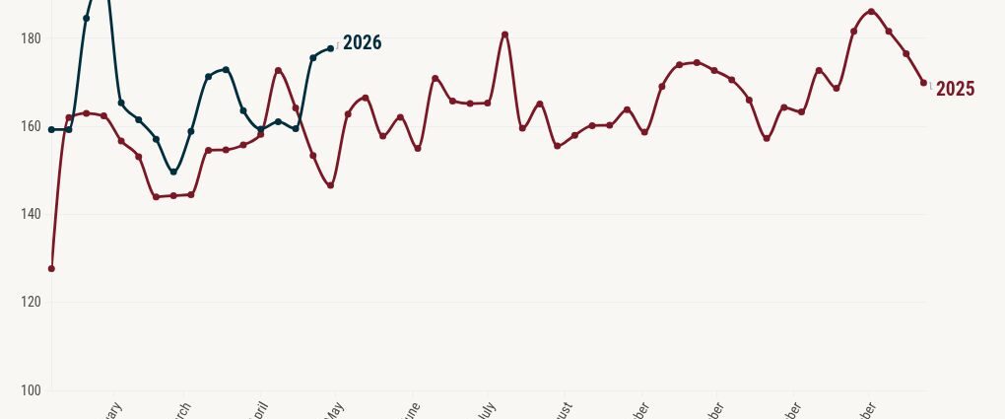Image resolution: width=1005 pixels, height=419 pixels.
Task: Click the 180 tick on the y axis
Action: pos(30,38)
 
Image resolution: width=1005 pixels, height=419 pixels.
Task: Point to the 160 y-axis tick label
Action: pos(30,126)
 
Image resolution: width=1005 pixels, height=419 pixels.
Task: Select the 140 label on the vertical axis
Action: pos(30,214)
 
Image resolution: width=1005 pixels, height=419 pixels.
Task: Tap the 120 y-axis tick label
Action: pos(30,302)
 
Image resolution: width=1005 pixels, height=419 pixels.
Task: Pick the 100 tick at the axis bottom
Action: pos(30,390)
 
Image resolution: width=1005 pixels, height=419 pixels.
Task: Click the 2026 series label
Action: pos(362,43)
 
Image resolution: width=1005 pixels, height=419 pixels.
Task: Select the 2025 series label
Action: pos(955,90)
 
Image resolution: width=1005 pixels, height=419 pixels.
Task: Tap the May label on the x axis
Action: pos(333,408)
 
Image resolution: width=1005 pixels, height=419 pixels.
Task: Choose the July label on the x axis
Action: pos(487,408)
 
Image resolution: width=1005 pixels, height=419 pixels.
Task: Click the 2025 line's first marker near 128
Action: pos(51,268)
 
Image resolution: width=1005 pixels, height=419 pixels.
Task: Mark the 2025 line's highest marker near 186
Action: pos(871,12)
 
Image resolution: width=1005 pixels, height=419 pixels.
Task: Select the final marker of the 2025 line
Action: pos(923,83)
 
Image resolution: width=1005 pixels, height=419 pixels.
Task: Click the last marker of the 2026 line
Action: pos(330,48)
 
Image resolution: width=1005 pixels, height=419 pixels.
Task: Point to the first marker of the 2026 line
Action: pos(51,129)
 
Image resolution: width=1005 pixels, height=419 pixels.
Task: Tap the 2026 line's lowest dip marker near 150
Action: pos(173,172)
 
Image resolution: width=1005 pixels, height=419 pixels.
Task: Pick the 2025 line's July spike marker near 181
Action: pos(504,35)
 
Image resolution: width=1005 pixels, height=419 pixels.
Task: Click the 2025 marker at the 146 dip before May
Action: pos(330,185)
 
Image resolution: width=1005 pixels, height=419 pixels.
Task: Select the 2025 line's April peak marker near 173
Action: pos(278,71)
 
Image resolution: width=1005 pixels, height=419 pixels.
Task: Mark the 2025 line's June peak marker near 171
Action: pos(435,78)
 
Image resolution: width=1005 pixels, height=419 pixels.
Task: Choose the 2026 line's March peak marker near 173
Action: pos(226,70)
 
